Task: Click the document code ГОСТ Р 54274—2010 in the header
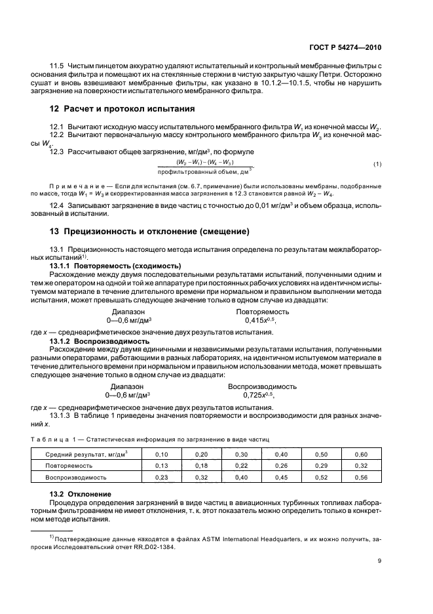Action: (x=347, y=48)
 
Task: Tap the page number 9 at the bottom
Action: (x=379, y=560)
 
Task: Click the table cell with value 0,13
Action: (x=161, y=466)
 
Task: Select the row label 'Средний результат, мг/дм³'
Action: (x=86, y=454)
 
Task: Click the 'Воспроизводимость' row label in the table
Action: (x=76, y=477)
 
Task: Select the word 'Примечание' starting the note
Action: (x=72, y=187)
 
